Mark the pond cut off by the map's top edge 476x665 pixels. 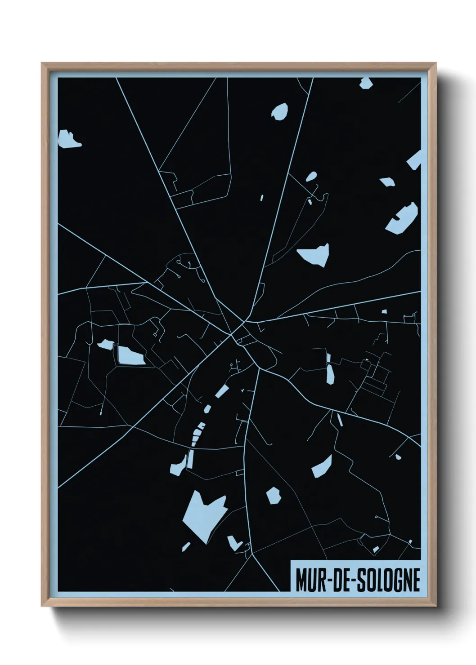[365, 83]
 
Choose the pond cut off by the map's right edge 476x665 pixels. [415, 160]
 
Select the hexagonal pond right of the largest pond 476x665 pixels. [274, 495]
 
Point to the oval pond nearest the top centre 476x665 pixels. [280, 111]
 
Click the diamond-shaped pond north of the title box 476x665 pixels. [323, 466]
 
